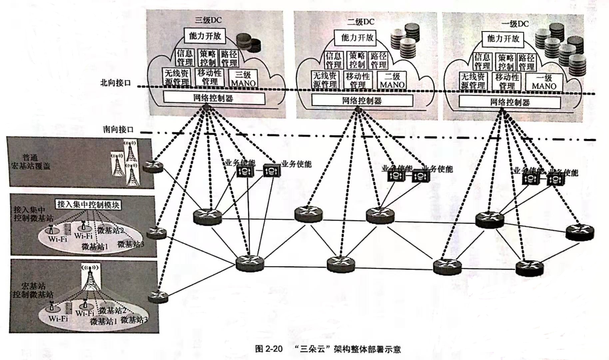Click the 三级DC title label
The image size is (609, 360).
coord(208,20)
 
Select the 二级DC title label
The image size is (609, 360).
coord(360,22)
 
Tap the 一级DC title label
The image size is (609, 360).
coord(515,24)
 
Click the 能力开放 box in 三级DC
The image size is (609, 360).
coord(205,36)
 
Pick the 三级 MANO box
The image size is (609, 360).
coord(243,79)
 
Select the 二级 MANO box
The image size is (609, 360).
coord(392,81)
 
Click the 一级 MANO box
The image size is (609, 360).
coord(544,82)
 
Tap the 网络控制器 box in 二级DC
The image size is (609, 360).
coord(362,100)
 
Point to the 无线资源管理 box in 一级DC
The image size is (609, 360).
coord(473,81)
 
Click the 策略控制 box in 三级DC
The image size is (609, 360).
coord(208,58)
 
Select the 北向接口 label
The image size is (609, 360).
coord(116,83)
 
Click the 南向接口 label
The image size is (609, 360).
coord(118,129)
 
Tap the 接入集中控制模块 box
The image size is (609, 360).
coord(88,205)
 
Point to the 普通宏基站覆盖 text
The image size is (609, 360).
coord(31,162)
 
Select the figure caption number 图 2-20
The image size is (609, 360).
coord(269,349)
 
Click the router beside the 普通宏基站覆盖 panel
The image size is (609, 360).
coord(153,166)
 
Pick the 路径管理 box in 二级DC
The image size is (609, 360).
coord(378,60)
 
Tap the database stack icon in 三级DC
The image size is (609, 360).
coord(249,43)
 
